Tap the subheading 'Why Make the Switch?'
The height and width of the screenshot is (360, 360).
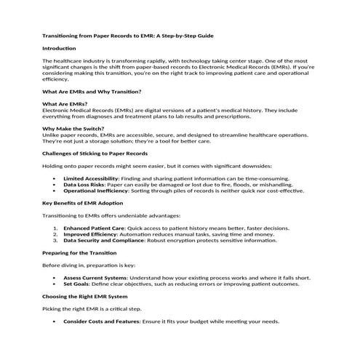coord(72,129)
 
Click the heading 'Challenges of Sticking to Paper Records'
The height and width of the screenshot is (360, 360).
coord(95,153)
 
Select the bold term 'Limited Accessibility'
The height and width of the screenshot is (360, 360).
coord(91,178)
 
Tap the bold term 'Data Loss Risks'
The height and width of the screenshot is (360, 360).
coord(84,185)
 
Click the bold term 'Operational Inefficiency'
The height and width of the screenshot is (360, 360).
coord(95,191)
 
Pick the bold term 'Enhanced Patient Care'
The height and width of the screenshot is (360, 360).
coord(93,228)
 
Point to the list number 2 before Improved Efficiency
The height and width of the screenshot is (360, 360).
coord(56,234)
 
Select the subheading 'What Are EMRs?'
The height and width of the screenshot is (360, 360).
coord(64,104)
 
